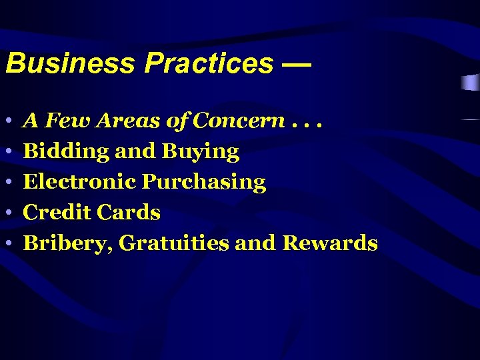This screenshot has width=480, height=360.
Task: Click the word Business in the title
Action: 71,63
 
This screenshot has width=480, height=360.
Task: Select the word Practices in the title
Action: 209,63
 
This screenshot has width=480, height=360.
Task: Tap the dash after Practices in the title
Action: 296,64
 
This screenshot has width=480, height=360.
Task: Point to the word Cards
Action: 129,213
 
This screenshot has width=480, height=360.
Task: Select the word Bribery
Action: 67,244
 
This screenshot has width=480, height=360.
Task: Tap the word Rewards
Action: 330,243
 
